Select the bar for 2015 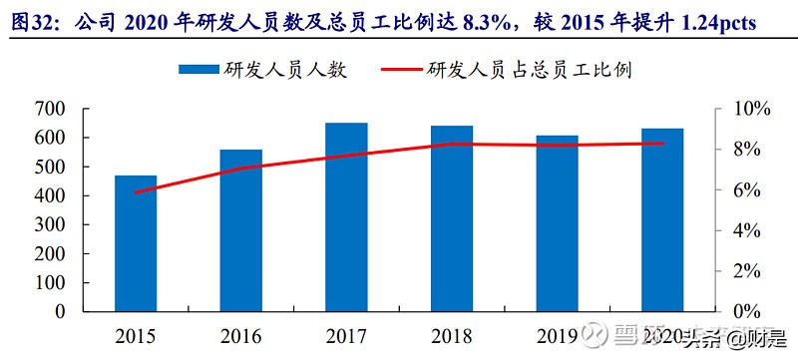(136, 243)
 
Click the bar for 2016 (240, 230)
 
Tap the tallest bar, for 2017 (346, 217)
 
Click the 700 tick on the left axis (49, 109)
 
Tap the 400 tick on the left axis (49, 195)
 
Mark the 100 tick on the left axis (49, 282)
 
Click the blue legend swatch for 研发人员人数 (199, 70)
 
